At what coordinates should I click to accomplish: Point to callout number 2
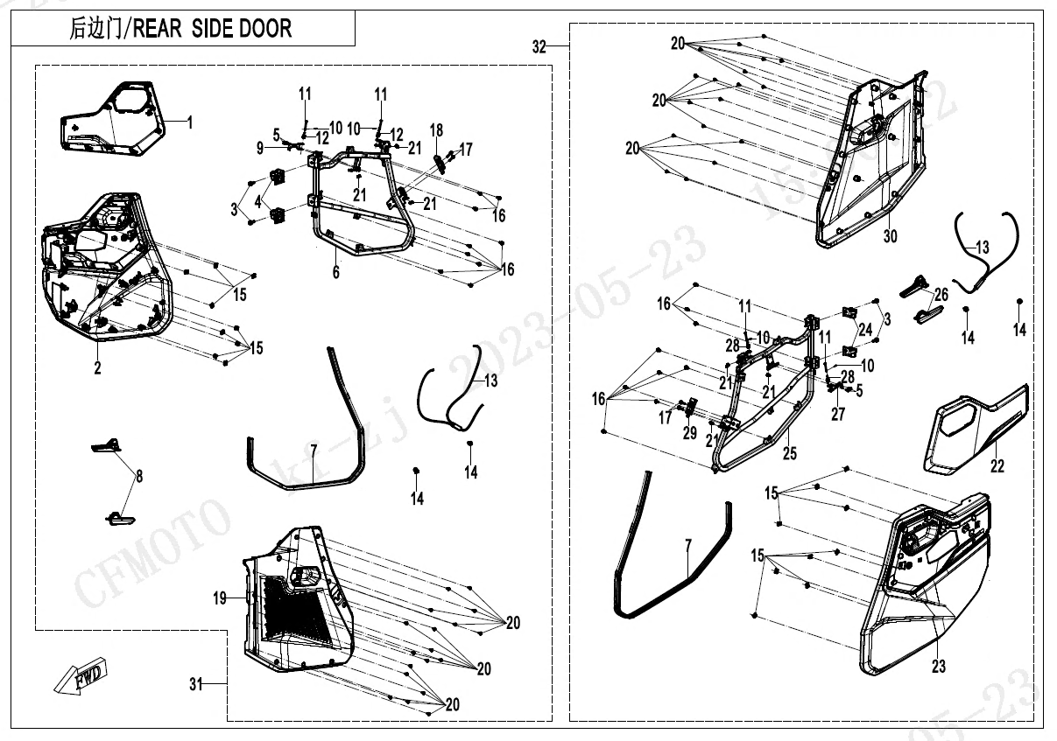(97, 368)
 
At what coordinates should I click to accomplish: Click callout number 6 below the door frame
(335, 273)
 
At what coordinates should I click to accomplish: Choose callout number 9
(260, 150)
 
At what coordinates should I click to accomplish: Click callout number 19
(220, 598)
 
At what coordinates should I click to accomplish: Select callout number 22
(997, 465)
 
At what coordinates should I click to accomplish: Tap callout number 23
(939, 667)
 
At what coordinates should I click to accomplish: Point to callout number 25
(790, 452)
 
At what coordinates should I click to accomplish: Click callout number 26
(941, 294)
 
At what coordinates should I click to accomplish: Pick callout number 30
(890, 236)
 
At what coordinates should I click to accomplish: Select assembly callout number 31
(195, 684)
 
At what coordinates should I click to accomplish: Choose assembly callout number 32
(539, 47)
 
